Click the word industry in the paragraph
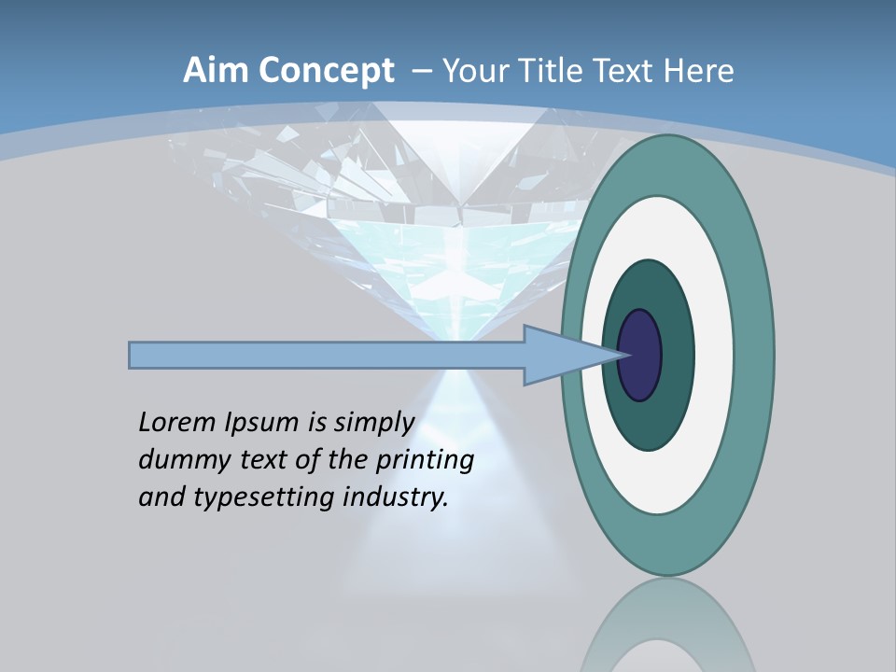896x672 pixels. pos(395,497)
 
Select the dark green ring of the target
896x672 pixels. pos(677,356)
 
